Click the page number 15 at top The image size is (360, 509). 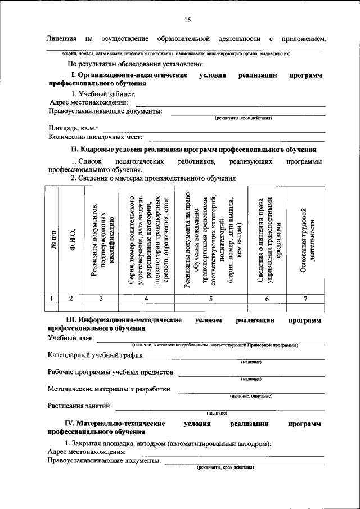[187, 20]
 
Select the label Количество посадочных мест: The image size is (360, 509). [96, 137]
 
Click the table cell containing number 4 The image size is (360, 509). [146, 299]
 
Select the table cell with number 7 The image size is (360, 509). [305, 299]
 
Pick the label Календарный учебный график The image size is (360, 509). [95, 355]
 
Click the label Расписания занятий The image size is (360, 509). [79, 406]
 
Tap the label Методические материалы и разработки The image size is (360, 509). [109, 389]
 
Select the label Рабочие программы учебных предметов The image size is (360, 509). [111, 372]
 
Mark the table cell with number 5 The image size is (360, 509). [210, 299]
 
